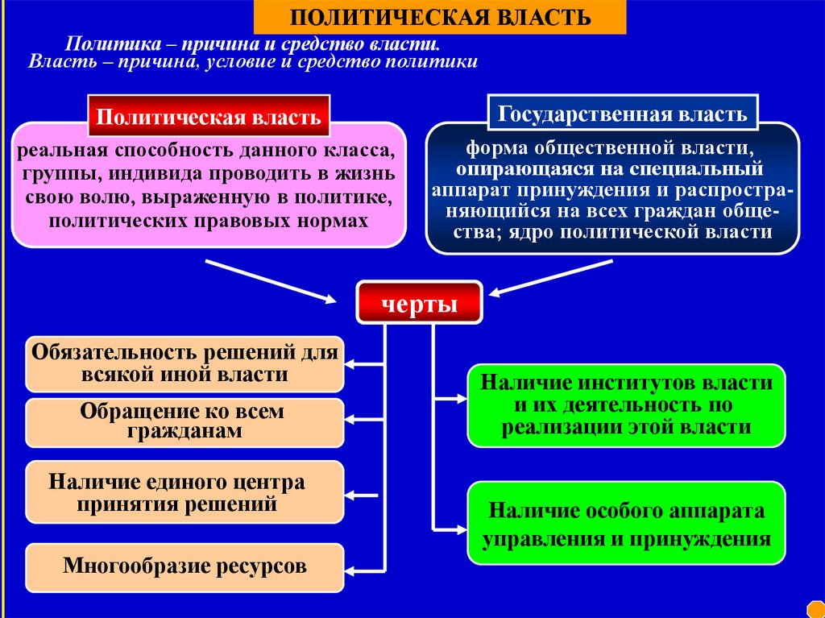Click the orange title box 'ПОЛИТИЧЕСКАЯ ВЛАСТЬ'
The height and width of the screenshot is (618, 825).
440,18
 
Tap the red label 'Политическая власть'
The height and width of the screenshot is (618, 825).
209,118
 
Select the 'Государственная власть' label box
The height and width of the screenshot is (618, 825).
622,113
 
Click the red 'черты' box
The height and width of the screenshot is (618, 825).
419,304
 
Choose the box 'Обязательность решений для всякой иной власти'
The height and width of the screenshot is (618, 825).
184,364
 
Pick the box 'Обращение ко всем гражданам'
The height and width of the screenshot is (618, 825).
184,422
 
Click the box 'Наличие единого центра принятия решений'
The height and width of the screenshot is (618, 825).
184,492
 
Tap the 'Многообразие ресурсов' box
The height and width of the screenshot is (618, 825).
184,566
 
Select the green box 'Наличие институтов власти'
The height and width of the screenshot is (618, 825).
626,404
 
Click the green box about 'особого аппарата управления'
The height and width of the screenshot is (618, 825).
626,524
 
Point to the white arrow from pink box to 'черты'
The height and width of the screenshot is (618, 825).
270,281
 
